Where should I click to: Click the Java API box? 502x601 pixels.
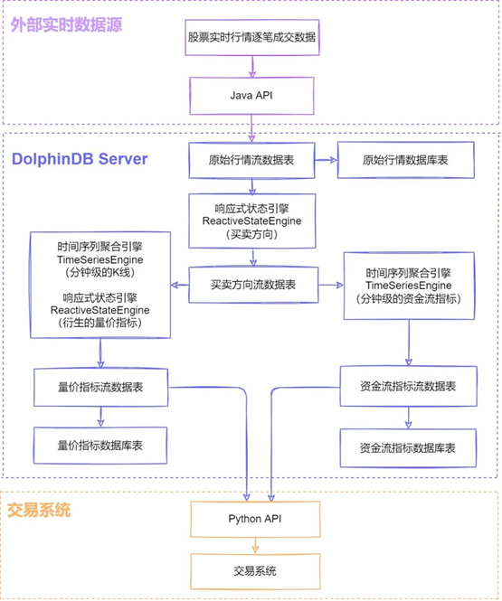(251, 96)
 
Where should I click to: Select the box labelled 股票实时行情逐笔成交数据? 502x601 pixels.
(252, 37)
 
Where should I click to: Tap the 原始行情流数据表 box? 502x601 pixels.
(251, 160)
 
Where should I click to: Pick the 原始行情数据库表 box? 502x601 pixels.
(406, 160)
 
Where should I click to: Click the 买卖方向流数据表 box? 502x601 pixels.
(253, 285)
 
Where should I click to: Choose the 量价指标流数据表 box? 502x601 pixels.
(101, 387)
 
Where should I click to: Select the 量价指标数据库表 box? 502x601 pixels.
(100, 446)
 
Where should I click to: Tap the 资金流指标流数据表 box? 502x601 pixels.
(409, 386)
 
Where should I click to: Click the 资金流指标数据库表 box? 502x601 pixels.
(408, 447)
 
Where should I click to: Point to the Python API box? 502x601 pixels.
(255, 519)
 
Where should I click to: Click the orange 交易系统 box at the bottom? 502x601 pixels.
(255, 571)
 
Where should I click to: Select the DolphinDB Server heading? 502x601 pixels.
(80, 159)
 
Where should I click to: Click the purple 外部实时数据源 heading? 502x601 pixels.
(66, 25)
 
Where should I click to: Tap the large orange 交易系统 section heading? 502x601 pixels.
(39, 510)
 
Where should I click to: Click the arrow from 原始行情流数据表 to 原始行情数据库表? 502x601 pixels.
(326, 160)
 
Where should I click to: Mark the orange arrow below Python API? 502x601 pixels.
(255, 545)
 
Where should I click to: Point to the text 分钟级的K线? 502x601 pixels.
(100, 273)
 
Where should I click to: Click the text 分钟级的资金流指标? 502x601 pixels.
(409, 298)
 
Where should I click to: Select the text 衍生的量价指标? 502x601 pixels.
(100, 323)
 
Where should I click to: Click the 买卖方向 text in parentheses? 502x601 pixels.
(252, 234)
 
